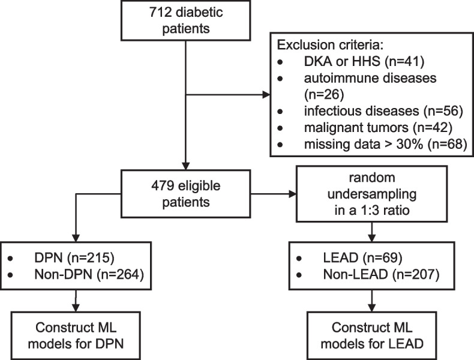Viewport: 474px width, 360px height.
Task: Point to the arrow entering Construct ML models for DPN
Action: tap(77, 303)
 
